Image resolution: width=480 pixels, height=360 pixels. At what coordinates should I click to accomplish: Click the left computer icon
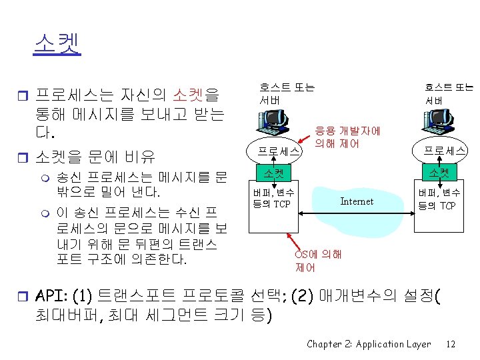(x=275, y=125)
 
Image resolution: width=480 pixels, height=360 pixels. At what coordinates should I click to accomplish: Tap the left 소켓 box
(x=273, y=174)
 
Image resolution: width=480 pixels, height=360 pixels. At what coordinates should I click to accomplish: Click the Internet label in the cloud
(x=357, y=201)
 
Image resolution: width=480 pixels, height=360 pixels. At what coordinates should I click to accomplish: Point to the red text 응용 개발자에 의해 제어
(x=347, y=137)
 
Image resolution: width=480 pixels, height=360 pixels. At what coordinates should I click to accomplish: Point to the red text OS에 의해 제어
(x=318, y=261)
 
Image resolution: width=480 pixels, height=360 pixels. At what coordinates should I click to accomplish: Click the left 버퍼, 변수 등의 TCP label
(x=273, y=199)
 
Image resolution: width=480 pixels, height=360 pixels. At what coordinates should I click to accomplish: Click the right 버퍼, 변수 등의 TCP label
(x=439, y=199)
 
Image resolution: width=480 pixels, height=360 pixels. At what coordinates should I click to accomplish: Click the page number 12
(x=451, y=344)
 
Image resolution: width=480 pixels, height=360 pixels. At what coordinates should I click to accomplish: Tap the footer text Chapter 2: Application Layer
(x=369, y=344)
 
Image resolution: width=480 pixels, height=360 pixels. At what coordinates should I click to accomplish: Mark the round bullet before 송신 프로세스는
(x=44, y=178)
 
